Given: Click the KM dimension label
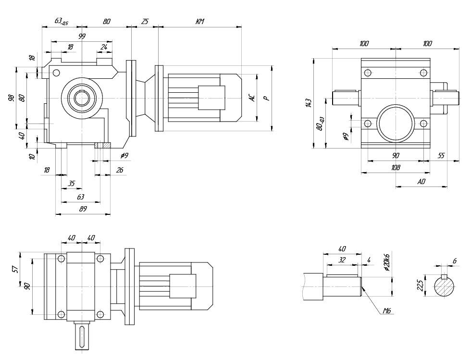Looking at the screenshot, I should pyautogui.click(x=200, y=22).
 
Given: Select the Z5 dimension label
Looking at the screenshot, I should pyautogui.click(x=145, y=22).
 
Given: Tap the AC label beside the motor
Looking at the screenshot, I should pyautogui.click(x=251, y=98).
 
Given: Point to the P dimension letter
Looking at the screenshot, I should pyautogui.click(x=266, y=98).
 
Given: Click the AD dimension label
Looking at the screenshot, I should pyautogui.click(x=421, y=182).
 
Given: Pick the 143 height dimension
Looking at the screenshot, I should pyautogui.click(x=309, y=102).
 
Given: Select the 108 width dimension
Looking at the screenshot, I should pyautogui.click(x=395, y=168).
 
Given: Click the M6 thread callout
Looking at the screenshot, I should pyautogui.click(x=386, y=311).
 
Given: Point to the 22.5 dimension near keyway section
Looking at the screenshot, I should pyautogui.click(x=420, y=286).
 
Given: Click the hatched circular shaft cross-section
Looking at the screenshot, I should pyautogui.click(x=445, y=287).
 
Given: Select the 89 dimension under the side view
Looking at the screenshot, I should pyautogui.click(x=82, y=209).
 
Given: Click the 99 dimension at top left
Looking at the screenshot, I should pyautogui.click(x=82, y=37).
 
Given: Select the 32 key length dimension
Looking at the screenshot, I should pyautogui.click(x=342, y=260).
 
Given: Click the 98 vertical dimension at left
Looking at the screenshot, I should pyautogui.click(x=11, y=98).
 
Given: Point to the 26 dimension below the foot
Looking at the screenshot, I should pyautogui.click(x=120, y=170).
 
